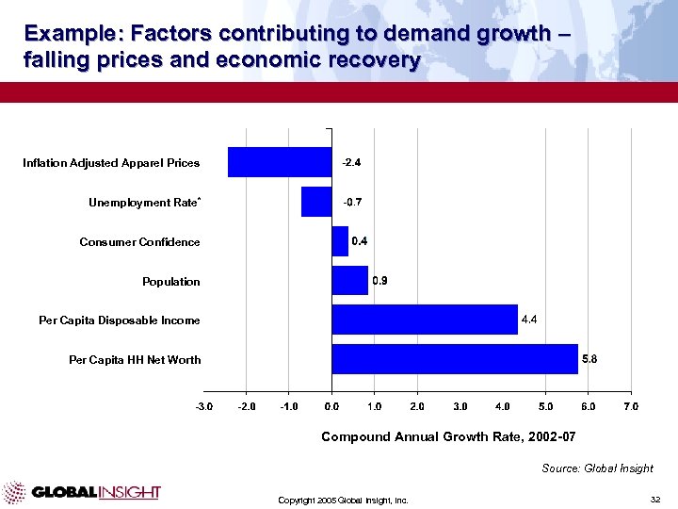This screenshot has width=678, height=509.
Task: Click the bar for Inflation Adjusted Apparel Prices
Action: [280, 162]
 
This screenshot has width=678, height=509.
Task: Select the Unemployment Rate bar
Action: [316, 202]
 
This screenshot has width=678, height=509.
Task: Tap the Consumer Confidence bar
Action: [340, 241]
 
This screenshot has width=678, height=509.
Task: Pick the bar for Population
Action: [349, 281]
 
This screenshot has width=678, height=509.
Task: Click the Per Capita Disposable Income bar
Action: [425, 320]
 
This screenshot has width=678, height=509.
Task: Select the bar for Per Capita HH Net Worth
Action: [455, 359]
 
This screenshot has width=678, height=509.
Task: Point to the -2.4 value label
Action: [352, 163]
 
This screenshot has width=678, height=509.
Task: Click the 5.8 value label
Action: [589, 359]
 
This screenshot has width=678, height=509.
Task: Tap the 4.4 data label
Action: [529, 320]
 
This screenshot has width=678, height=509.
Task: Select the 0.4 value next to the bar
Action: [360, 241]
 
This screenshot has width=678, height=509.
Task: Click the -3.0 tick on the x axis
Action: [203, 406]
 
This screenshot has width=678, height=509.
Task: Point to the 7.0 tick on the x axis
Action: [630, 406]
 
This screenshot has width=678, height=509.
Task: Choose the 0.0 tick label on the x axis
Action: [331, 406]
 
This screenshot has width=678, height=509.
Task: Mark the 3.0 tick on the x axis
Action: [460, 406]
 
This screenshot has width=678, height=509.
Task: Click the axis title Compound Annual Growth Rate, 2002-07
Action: [448, 436]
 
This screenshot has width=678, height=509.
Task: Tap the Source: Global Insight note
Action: [597, 468]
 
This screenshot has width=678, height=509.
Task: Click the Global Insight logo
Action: [82, 492]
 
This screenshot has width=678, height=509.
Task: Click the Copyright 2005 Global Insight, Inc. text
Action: [343, 500]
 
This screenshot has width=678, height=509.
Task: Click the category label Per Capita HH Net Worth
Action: [135, 360]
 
